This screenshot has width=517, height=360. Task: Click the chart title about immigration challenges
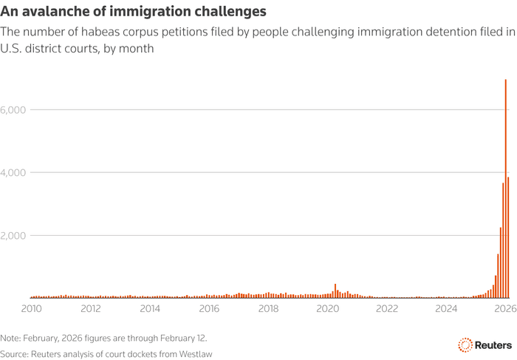pos(134,13)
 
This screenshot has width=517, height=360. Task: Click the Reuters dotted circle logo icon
pos(465,344)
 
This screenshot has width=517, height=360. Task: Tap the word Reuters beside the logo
pos(493,344)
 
